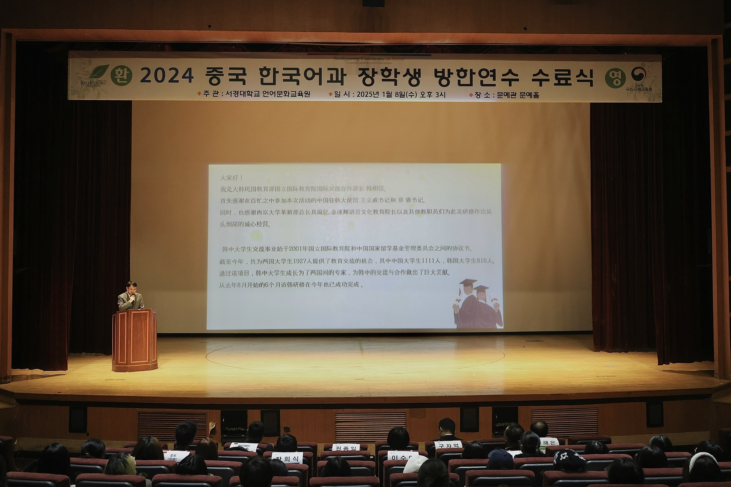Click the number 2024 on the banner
(x=167, y=76)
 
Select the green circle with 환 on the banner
(x=121, y=76)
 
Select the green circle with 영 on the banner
(x=615, y=78)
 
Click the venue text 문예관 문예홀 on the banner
(x=518, y=95)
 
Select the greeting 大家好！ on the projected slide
(x=231, y=178)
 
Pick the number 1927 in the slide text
(x=300, y=261)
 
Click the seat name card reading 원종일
(x=346, y=448)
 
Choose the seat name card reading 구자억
(x=448, y=445)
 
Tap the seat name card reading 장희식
(x=287, y=458)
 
